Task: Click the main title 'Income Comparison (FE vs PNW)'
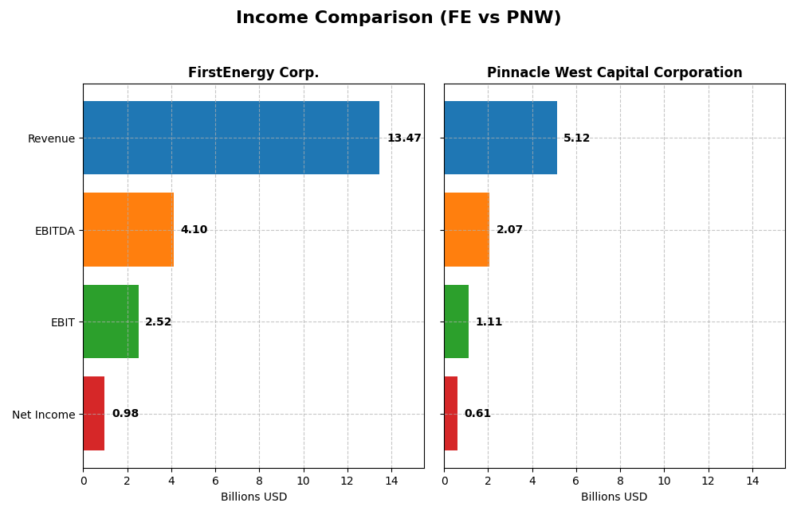coord(398,18)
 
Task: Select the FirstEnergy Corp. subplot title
coord(253,72)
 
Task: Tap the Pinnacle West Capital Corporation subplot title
coord(614,72)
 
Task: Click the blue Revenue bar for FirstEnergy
coord(231,138)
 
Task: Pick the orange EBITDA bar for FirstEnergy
coord(128,229)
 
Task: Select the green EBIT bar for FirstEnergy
coord(111,322)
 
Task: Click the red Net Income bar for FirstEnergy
coord(94,413)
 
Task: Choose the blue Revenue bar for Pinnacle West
coord(501,138)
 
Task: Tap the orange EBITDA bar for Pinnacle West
coord(467,229)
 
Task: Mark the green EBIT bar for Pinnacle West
coord(457,322)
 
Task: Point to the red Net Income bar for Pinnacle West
coord(451,413)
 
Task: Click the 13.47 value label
coord(404,138)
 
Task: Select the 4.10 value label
coord(194,230)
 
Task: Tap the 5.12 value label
coord(576,138)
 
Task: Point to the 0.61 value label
coord(477,414)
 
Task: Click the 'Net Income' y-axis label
coord(44,415)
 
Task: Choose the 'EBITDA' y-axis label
coord(55,231)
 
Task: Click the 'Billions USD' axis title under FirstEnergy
coord(253,497)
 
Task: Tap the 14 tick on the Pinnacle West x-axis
coord(752,481)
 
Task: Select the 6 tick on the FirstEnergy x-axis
coord(215,481)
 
